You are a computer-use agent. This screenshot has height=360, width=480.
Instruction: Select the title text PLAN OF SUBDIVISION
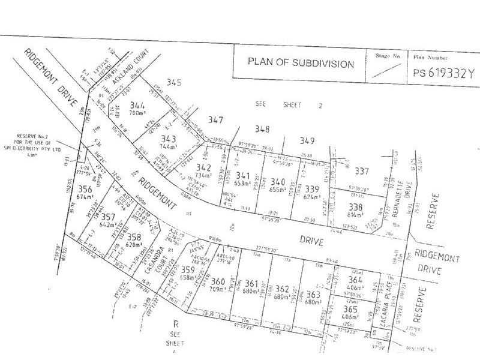click(301, 64)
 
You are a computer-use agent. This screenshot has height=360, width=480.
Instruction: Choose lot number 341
click(242, 175)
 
